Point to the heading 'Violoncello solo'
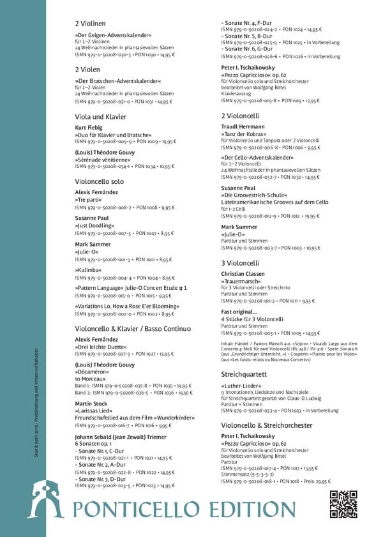100,182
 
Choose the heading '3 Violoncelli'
240,262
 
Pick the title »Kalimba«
89,271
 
